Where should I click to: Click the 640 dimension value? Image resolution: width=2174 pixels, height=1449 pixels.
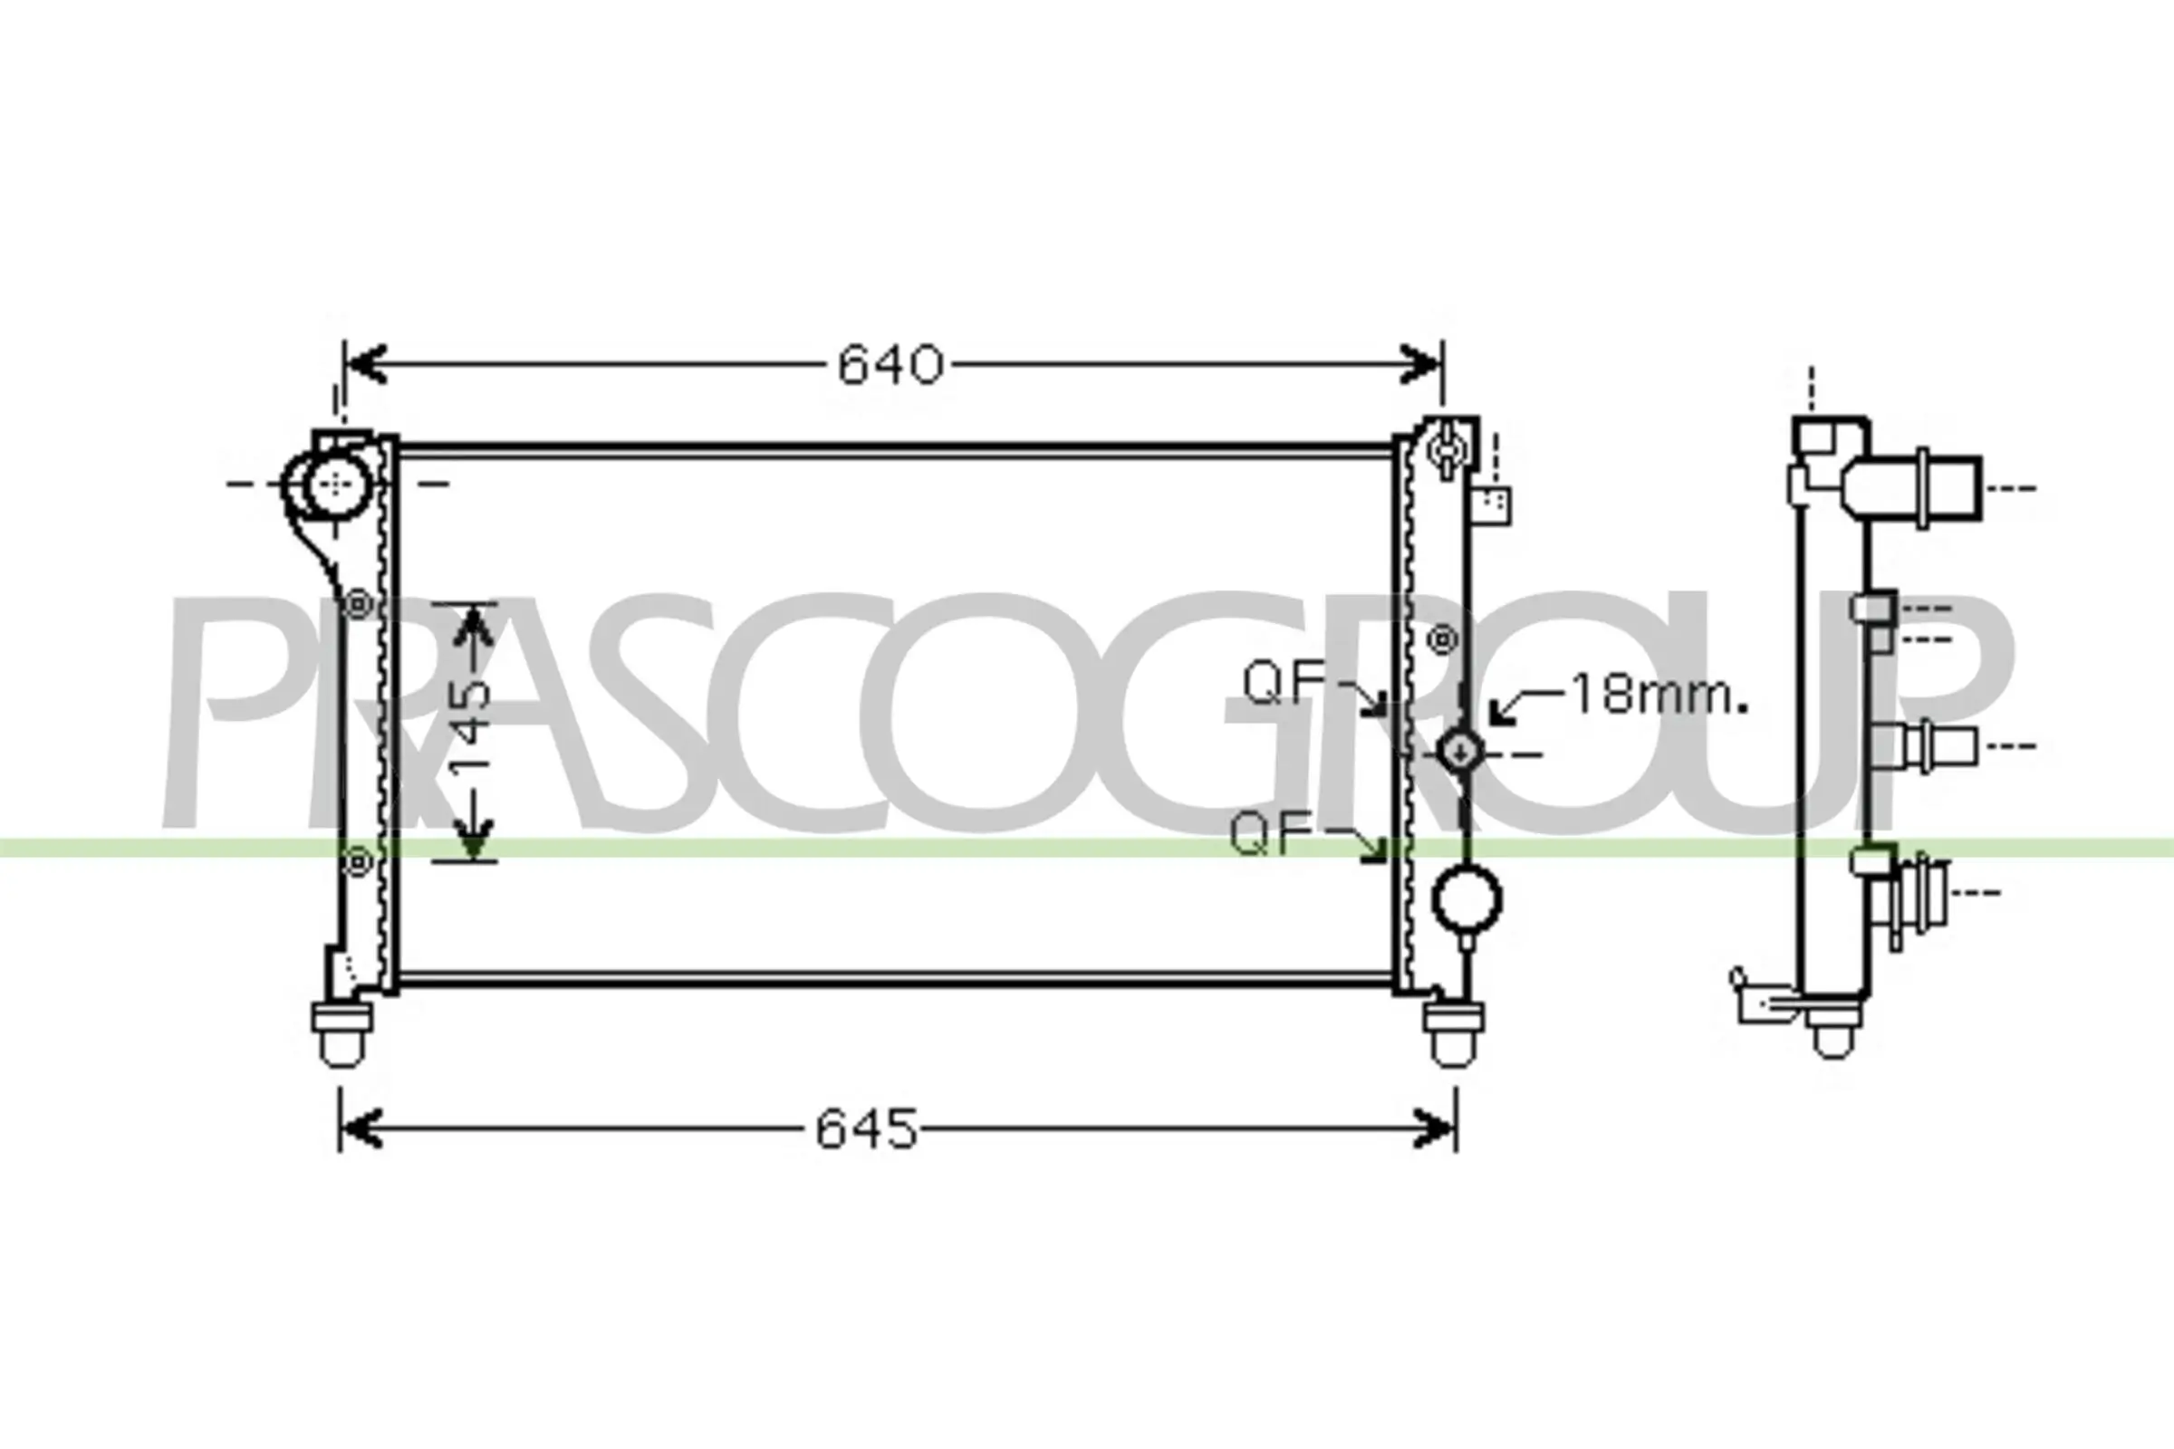coord(890,365)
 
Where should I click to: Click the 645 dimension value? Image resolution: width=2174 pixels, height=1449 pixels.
coord(866,1129)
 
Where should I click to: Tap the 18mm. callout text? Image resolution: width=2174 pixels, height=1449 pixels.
coord(1659,695)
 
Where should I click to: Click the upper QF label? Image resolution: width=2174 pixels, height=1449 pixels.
coord(1284,683)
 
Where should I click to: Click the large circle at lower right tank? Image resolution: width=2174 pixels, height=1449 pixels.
coord(1466,897)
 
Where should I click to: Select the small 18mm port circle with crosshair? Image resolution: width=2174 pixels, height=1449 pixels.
coord(1459,753)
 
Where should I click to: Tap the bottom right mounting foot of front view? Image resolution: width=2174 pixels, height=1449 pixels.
coord(1452,1034)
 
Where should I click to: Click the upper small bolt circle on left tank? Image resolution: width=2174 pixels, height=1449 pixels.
coord(358,605)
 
